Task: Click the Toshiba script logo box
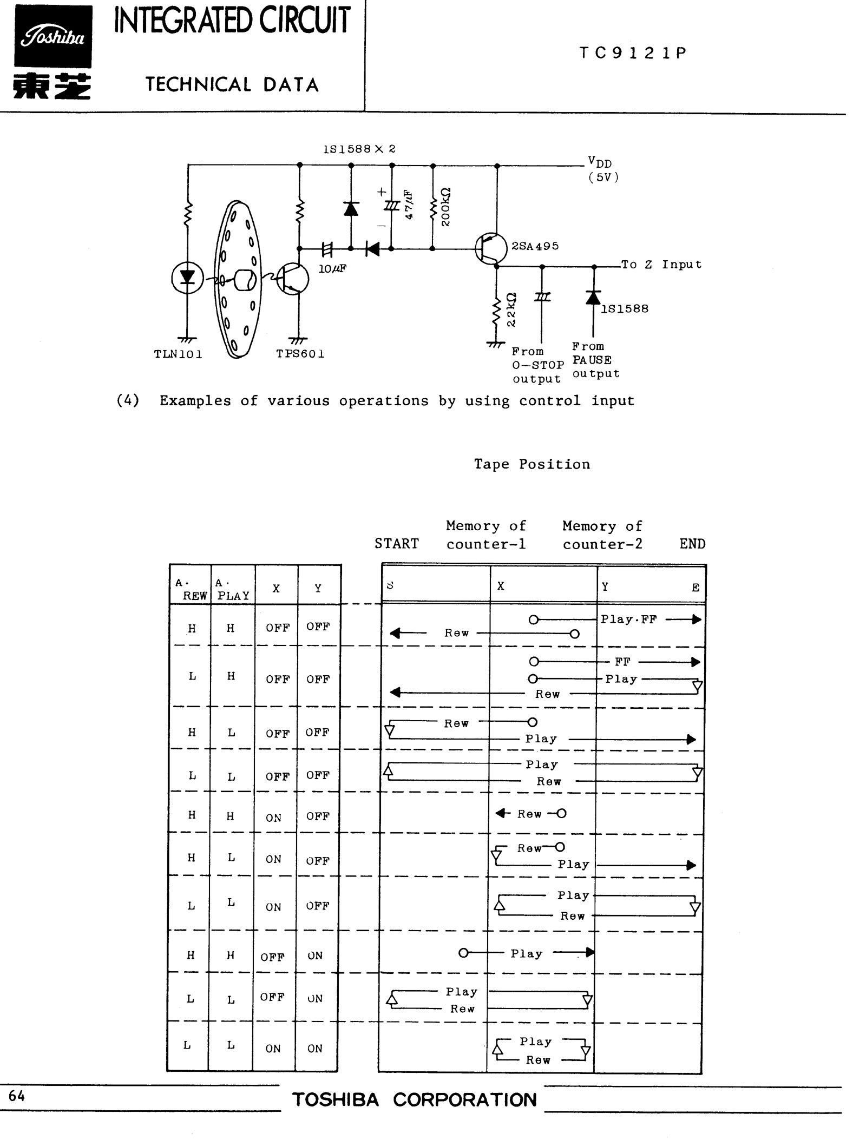coord(53,37)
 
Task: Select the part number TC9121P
coord(633,53)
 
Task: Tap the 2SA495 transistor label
coord(535,246)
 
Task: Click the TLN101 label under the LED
coord(178,354)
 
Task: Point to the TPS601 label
coord(300,354)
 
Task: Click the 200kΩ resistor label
coord(446,207)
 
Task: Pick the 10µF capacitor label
coord(332,268)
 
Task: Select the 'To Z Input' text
coord(661,265)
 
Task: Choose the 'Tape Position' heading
coord(532,464)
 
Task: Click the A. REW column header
coord(191,590)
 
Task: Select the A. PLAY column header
coord(232,590)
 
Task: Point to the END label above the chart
coord(693,544)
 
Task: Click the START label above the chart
coord(397,544)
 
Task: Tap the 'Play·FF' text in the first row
coord(629,620)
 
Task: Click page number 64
coord(17,1096)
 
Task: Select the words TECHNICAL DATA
coord(232,84)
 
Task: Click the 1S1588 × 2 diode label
coord(359,149)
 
